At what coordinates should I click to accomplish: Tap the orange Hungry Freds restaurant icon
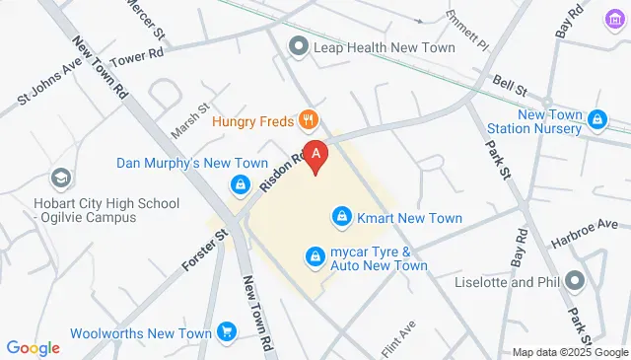309,121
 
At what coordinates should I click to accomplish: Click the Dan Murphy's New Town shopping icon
240,184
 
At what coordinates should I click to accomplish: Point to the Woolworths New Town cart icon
228,332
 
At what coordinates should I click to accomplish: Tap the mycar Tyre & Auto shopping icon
315,257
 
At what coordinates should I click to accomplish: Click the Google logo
33,347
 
